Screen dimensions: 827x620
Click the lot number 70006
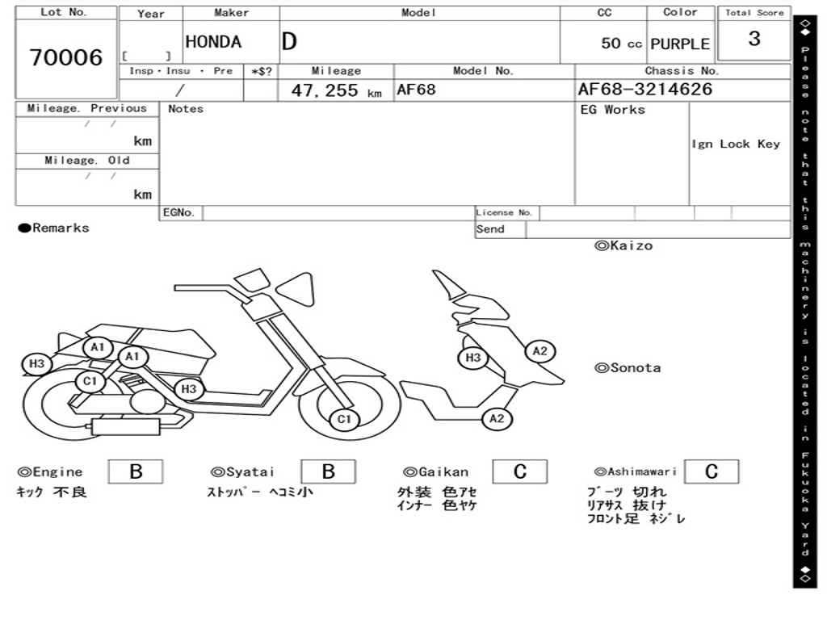66,58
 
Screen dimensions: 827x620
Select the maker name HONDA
213,42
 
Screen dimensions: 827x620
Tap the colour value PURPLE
680,44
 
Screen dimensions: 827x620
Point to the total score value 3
754,39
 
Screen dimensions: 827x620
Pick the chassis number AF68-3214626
645,90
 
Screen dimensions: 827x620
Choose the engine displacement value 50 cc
621,44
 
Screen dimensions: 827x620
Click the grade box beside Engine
136,471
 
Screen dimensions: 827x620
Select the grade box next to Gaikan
519,471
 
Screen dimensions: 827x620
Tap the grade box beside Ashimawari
711,471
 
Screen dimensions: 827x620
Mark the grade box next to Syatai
328,471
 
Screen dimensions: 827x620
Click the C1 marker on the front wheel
345,419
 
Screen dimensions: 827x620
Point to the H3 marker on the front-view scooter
473,358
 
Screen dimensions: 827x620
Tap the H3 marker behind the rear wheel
36,364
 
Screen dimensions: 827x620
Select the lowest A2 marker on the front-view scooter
497,418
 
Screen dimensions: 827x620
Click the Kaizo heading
623,246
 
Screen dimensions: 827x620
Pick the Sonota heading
628,368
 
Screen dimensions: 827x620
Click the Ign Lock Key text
736,144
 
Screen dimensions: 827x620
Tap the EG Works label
613,110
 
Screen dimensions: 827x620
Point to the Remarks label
54,228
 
